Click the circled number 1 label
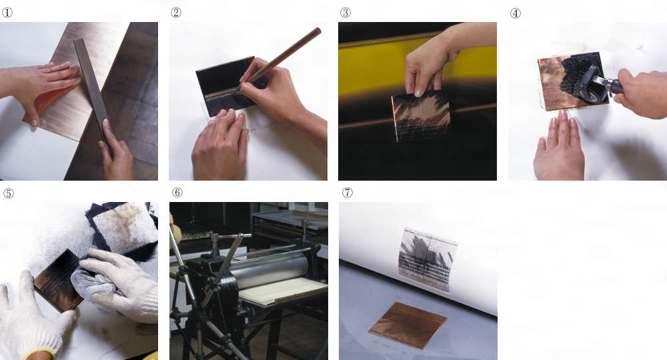(x=7, y=13)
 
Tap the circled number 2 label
(x=175, y=13)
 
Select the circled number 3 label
(x=346, y=13)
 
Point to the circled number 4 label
(x=515, y=13)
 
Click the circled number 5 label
(x=9, y=193)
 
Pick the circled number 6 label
(x=177, y=193)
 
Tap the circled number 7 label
(x=347, y=193)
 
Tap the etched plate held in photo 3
(x=421, y=115)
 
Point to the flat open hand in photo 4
(x=558, y=147)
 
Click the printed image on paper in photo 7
(x=427, y=260)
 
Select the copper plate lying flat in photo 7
(x=408, y=325)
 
